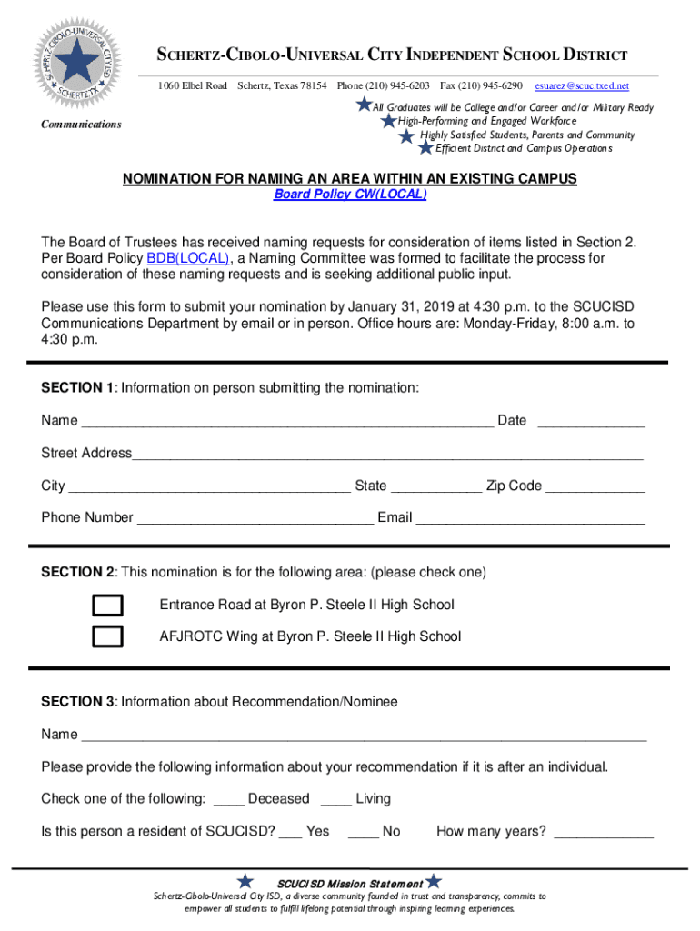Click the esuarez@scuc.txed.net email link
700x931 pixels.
click(582, 85)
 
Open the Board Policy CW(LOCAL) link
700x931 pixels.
click(350, 195)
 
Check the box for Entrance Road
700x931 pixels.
click(108, 606)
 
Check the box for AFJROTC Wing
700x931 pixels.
click(108, 636)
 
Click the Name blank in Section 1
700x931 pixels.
click(287, 422)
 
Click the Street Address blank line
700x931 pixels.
click(387, 455)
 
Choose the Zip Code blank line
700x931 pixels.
click(595, 487)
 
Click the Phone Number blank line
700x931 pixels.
click(255, 519)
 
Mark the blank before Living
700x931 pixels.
click(336, 800)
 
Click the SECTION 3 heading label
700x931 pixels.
click(78, 702)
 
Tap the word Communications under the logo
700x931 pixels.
click(81, 125)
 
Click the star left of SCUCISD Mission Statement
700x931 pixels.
click(245, 881)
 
